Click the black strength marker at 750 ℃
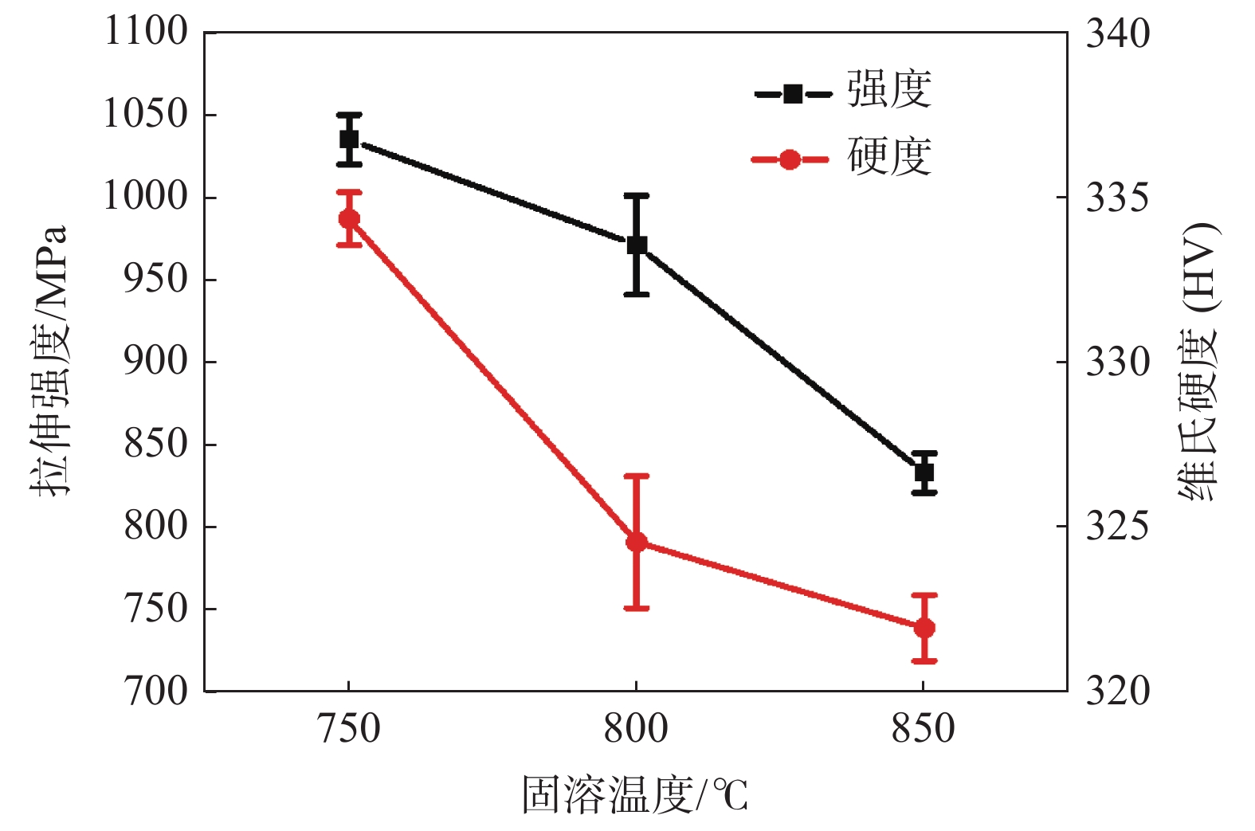[349, 139]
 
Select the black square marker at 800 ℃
[637, 245]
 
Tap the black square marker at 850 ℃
[924, 472]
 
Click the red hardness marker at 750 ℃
[349, 218]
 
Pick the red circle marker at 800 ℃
[637, 543]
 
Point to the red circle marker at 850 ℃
[924, 628]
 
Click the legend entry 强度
[888, 90]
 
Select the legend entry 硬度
[888, 157]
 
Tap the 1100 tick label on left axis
[146, 33]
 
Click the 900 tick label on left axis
[155, 362]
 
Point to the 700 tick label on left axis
[155, 691]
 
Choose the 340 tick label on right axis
[1118, 34]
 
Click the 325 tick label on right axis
[1118, 527]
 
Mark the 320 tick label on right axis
[1118, 691]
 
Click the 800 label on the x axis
[636, 729]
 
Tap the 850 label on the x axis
[923, 729]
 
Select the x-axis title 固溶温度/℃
[635, 794]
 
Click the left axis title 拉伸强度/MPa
[49, 360]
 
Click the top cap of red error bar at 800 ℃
[637, 476]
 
